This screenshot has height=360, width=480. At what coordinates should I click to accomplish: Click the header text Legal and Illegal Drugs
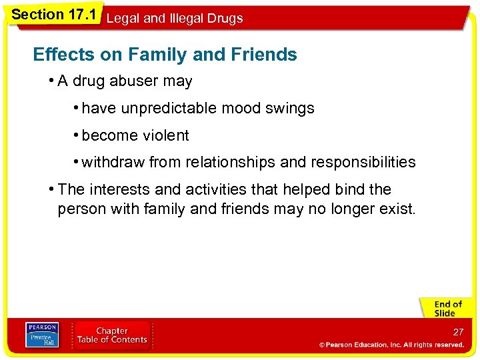[175, 19]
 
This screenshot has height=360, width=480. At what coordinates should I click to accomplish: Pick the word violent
[163, 136]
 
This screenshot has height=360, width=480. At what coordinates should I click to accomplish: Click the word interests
[119, 190]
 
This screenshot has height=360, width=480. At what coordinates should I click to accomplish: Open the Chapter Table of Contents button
[112, 335]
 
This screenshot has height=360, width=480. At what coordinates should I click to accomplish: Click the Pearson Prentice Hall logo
[41, 335]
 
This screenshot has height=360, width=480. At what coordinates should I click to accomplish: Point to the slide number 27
[458, 332]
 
